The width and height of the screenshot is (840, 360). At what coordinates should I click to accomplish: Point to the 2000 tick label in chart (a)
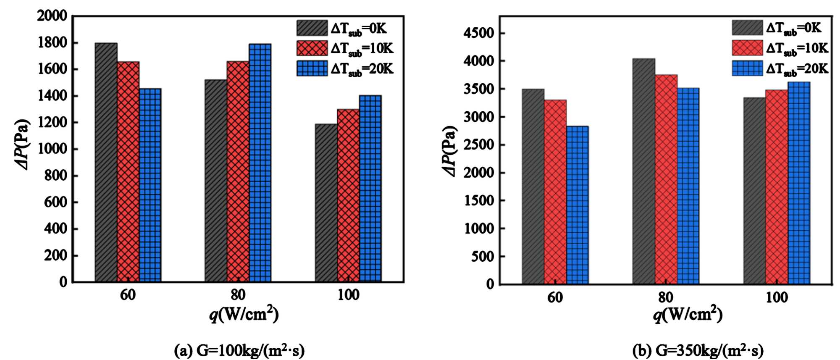[x=52, y=16]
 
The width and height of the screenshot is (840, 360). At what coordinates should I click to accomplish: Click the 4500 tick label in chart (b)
[x=479, y=34]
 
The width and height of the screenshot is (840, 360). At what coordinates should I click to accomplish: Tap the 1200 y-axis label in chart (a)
[x=52, y=123]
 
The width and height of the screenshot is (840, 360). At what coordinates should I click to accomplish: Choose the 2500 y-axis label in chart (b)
[x=479, y=145]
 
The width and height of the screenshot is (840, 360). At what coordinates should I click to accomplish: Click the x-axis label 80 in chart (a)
[x=238, y=295]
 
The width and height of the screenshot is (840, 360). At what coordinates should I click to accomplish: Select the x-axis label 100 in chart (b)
[x=777, y=297]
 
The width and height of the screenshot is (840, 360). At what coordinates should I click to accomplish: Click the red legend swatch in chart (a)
[x=312, y=48]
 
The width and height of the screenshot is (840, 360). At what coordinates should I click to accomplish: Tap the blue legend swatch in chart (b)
[x=747, y=68]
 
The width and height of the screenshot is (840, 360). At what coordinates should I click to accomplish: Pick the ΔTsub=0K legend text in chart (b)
[x=793, y=28]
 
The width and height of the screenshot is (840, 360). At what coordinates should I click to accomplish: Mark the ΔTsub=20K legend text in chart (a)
[x=362, y=69]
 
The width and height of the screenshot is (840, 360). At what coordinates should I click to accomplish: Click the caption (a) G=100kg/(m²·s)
[x=239, y=350]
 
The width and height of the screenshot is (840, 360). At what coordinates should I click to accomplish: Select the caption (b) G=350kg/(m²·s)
[x=698, y=350]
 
